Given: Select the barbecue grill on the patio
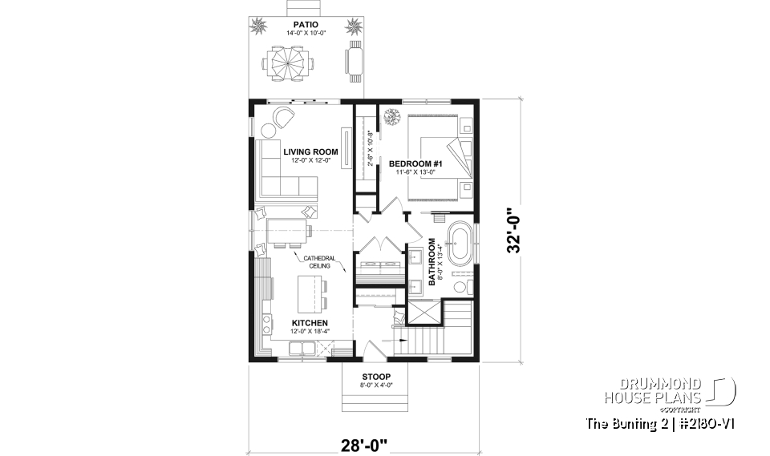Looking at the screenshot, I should pyautogui.click(x=354, y=62).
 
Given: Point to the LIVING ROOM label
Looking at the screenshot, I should pyautogui.click(x=310, y=151).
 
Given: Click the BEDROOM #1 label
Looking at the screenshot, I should pyautogui.click(x=412, y=163).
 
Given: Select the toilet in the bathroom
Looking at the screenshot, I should pyautogui.click(x=460, y=287).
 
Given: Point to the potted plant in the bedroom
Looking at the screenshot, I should pyautogui.click(x=392, y=119).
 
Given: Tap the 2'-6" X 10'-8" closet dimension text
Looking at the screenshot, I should pyautogui.click(x=370, y=147).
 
